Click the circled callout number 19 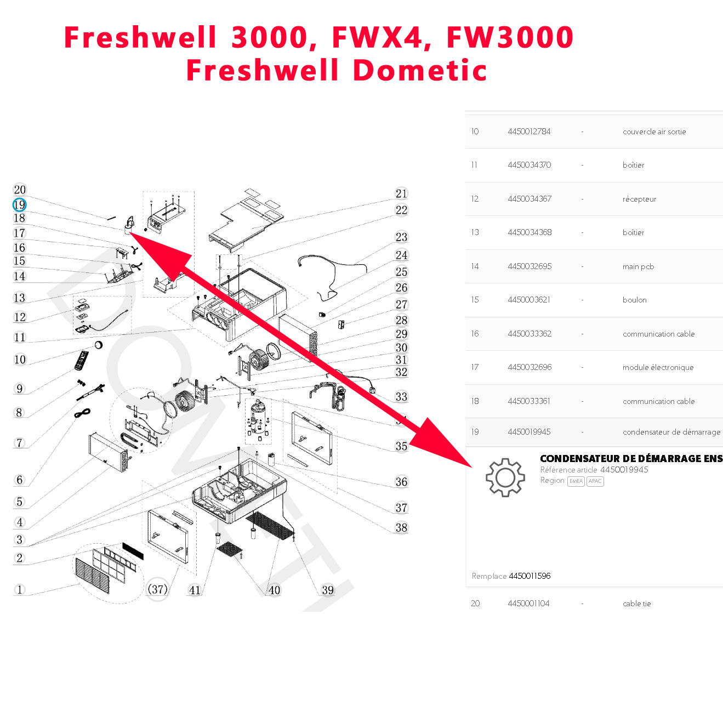pos(19,205)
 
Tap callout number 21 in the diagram pos(401,193)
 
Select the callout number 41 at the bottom pos(195,590)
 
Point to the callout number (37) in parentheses pos(158,589)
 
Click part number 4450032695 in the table pos(530,266)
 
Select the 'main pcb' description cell pos(638,266)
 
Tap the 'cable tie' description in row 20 pos(636,604)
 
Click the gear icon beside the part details pos(505,477)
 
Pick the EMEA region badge pos(576,481)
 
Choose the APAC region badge pos(595,481)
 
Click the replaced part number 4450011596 pos(530,576)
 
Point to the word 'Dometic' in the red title pos(419,70)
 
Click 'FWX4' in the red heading pos(378,37)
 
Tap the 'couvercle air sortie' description pos(654,132)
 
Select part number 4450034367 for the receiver pos(530,199)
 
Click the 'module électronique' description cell pos(658,367)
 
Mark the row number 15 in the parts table pos(475,300)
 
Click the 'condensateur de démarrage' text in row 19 pos(671,432)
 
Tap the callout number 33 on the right pos(401,396)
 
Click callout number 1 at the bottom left pos(20,590)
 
